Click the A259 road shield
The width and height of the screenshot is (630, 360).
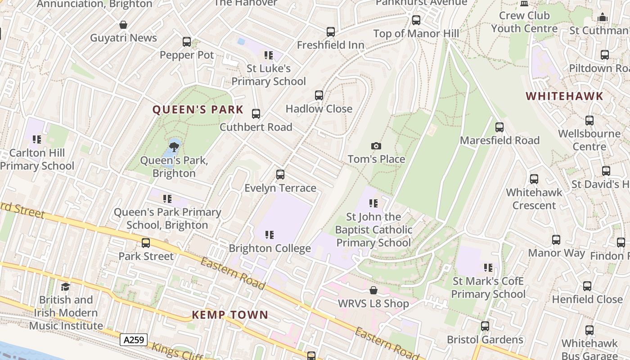134,339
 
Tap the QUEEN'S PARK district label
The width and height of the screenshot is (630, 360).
198,110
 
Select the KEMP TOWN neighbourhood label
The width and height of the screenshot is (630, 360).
230,315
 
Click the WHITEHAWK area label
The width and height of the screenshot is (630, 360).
564,96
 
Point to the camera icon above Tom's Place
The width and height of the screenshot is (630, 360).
376,146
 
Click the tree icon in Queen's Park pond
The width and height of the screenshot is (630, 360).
174,147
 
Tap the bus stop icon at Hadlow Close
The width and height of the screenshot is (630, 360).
319,95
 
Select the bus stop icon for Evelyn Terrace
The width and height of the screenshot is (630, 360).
280,175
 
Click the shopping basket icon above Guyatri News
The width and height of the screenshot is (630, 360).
123,25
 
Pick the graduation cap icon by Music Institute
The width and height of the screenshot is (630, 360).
66,287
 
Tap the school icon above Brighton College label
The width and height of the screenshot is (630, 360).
269,235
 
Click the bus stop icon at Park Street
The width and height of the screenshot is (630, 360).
146,243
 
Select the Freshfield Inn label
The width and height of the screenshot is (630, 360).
330,45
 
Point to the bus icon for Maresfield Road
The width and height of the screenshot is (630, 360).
499,127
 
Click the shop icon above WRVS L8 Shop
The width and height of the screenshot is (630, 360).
373,290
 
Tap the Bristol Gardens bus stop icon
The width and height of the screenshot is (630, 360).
485,326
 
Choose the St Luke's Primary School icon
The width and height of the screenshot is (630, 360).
269,55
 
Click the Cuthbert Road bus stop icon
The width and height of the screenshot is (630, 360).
256,114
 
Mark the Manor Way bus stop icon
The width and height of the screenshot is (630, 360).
556,240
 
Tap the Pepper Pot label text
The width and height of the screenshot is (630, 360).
187,55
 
